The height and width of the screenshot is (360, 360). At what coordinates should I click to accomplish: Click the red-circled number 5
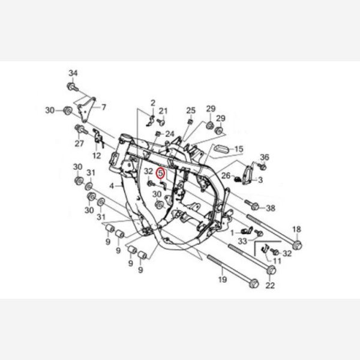point(160,173)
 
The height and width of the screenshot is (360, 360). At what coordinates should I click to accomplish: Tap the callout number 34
point(73,73)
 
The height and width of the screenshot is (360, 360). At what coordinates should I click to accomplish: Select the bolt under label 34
point(73,87)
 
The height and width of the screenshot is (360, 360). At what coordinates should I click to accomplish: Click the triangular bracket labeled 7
point(87,109)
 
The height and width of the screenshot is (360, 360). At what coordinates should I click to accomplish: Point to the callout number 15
point(239,149)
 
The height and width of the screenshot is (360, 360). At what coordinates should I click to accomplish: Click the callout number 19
point(222,280)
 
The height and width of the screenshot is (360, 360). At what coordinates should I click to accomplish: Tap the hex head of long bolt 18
point(297,245)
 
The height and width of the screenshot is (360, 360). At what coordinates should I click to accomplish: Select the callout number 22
point(270,286)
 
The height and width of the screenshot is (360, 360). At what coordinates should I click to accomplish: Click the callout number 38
point(271,208)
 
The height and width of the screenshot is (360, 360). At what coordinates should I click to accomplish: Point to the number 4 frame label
point(112,186)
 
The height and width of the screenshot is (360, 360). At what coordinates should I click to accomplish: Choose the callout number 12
point(97,155)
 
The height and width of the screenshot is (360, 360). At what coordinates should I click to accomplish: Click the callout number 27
point(79,143)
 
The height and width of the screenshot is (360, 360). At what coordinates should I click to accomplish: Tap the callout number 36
point(264,157)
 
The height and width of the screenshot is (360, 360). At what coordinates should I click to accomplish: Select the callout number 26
point(226,176)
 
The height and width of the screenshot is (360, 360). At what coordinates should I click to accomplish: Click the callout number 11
point(277,261)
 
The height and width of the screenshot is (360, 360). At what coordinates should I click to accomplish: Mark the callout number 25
point(191,110)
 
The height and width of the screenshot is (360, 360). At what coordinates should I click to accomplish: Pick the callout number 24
point(170,134)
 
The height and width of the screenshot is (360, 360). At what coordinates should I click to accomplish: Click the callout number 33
point(242,241)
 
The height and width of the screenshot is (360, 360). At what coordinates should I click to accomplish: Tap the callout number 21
point(163,111)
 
